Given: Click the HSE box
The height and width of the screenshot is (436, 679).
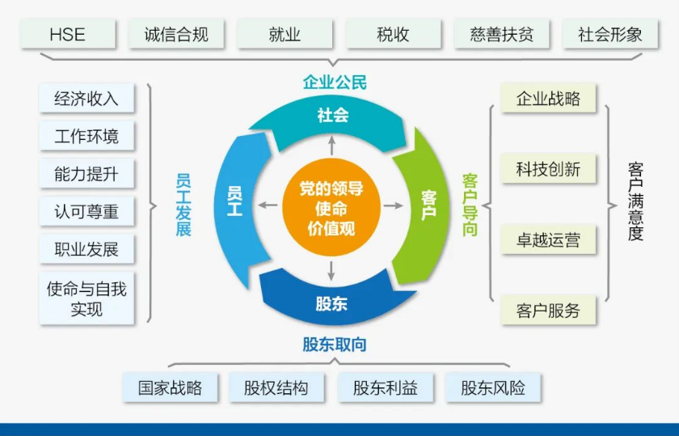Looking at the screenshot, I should pos(67,35).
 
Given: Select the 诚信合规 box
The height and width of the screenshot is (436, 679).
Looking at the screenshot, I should pos(176,35).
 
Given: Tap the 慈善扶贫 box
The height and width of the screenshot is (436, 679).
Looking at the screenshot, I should pos(502,35).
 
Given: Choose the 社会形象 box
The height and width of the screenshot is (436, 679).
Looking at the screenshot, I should pos(610,35).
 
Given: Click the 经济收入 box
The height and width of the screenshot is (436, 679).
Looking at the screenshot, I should pos(86,99).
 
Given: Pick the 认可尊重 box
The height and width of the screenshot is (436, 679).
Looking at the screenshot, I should pos(86,212).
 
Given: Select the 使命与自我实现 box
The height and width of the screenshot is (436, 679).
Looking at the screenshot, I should pos(86,298).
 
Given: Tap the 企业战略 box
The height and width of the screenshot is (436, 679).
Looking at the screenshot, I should pos(548,99).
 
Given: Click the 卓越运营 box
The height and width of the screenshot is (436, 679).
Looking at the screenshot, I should pos(548,240).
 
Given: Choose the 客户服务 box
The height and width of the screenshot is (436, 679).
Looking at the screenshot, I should pos(548,311).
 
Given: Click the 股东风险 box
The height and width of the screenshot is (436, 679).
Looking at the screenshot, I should pos(493,387).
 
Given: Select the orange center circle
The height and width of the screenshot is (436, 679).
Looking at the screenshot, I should pos(331,206).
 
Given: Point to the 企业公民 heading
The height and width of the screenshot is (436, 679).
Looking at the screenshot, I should pos(335,82).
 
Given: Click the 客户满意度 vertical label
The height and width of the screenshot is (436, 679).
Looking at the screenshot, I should pos(635,202).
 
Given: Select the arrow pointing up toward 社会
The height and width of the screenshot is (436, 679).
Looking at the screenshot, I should pos(331,144).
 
